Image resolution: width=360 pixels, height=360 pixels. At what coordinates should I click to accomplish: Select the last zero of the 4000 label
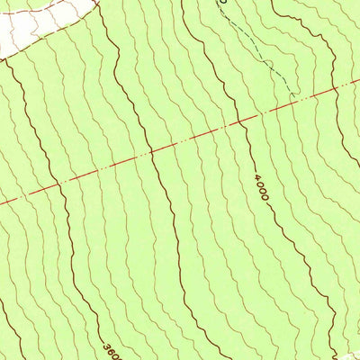pyautogui.click(x=263, y=197)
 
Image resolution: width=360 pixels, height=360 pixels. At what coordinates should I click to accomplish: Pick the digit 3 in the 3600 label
pyautogui.click(x=107, y=345)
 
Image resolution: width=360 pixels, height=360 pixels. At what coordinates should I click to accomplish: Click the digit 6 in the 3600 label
pyautogui.click(x=111, y=351)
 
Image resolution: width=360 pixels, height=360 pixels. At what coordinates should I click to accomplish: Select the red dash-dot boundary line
pyautogui.click(x=180, y=144)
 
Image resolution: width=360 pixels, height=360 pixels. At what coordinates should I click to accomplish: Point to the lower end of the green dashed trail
pyautogui.click(x=293, y=94)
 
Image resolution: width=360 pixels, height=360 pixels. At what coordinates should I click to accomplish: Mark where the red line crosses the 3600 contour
pyautogui.click(x=58, y=186)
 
